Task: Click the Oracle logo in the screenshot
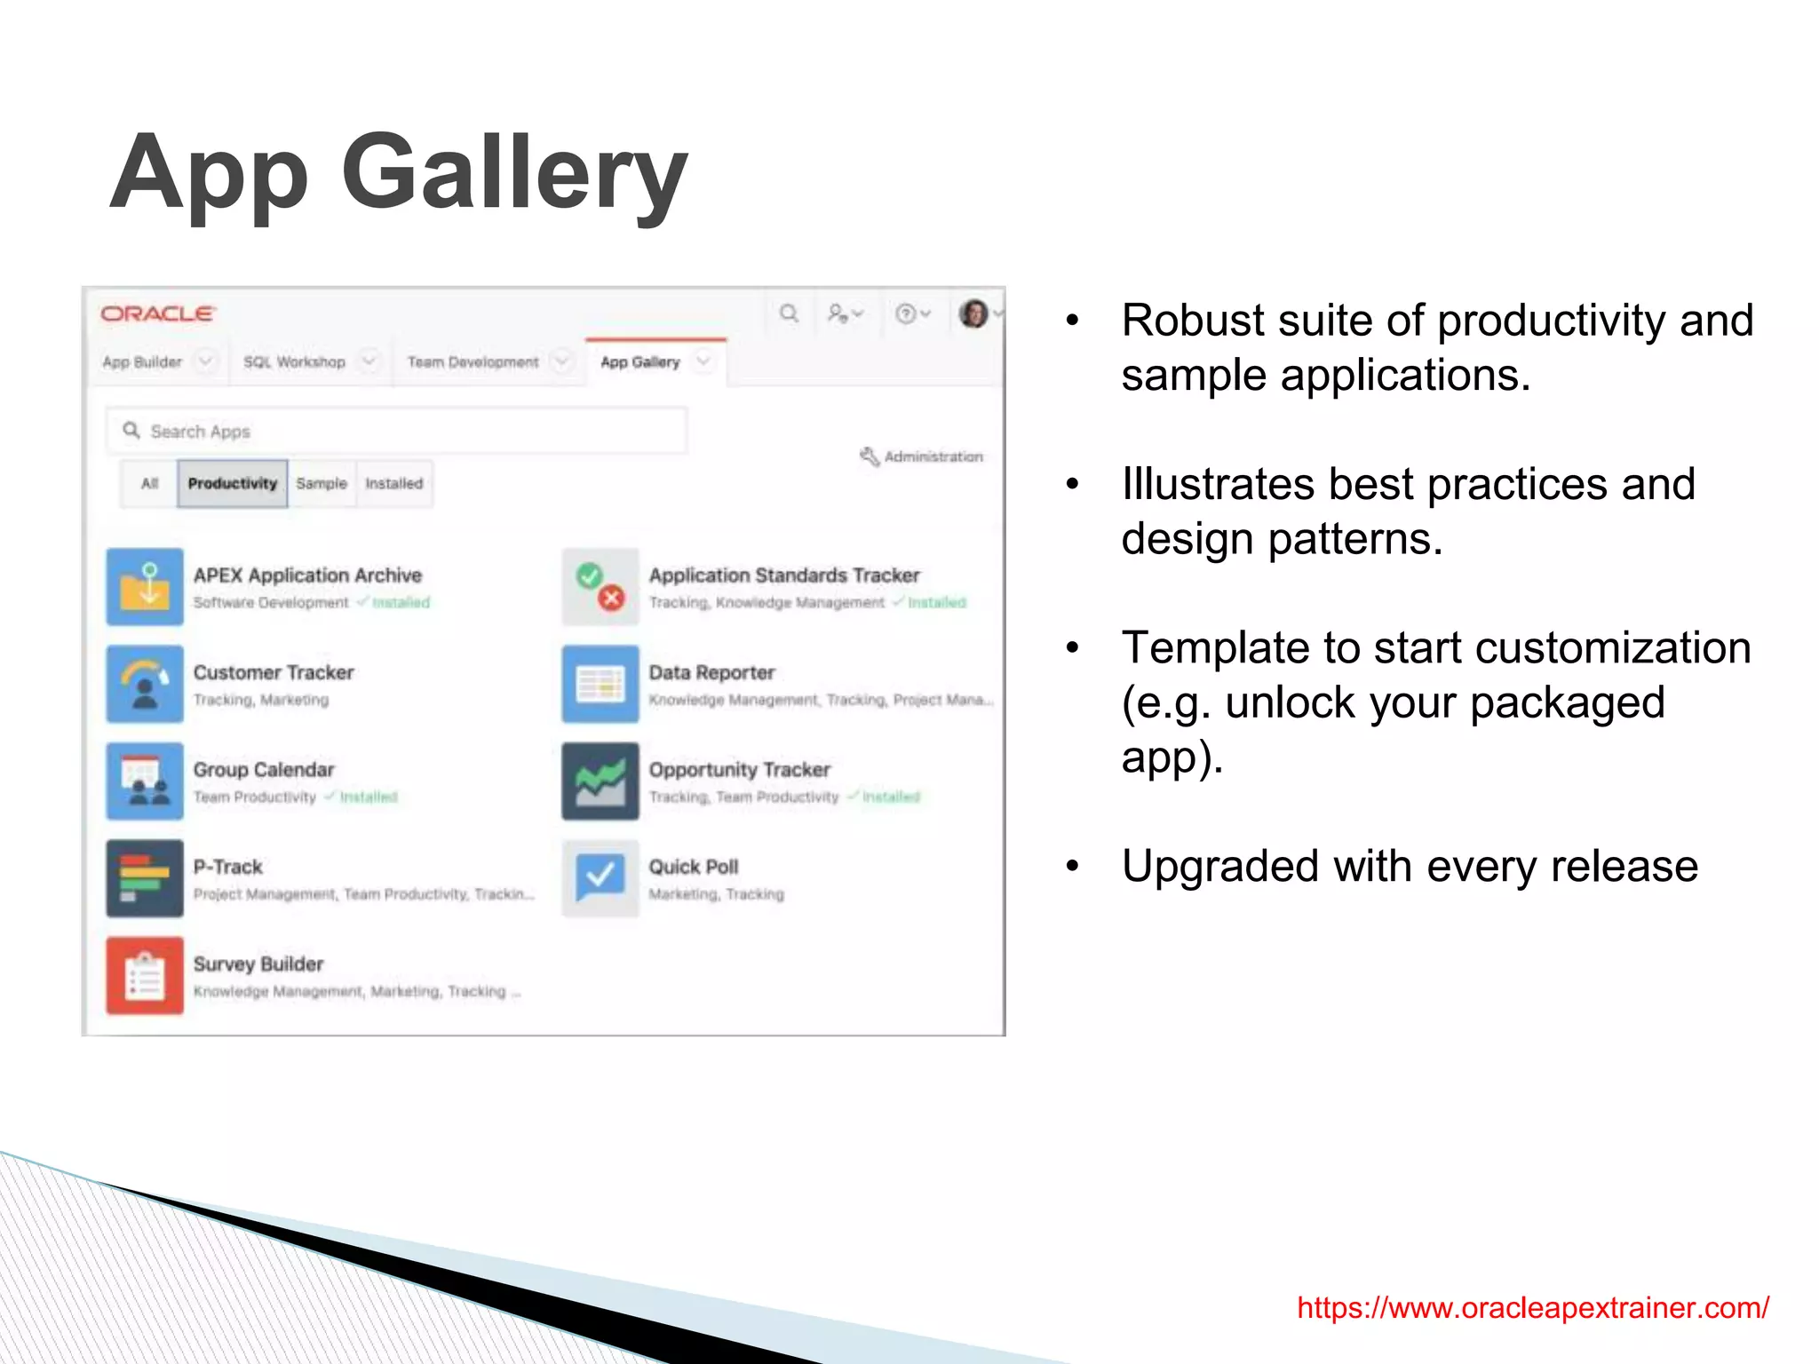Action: pyautogui.click(x=157, y=314)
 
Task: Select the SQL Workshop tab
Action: pyautogui.click(x=294, y=362)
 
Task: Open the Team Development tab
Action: pyautogui.click(x=473, y=362)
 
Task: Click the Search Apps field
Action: pyautogui.click(x=397, y=432)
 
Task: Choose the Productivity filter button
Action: pyautogui.click(x=233, y=484)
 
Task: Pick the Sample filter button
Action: pyautogui.click(x=322, y=484)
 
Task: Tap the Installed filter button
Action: pyautogui.click(x=394, y=484)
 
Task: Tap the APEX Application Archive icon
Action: pyautogui.click(x=145, y=587)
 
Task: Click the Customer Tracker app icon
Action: pyautogui.click(x=145, y=684)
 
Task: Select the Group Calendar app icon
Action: pyautogui.click(x=145, y=781)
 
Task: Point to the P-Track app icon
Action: pyautogui.click(x=145, y=878)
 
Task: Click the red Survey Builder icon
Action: pyautogui.click(x=145, y=975)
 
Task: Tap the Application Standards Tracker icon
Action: pyautogui.click(x=600, y=587)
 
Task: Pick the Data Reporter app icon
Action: pyautogui.click(x=600, y=684)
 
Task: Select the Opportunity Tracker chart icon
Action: pyautogui.click(x=600, y=781)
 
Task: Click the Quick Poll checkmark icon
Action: pyautogui.click(x=600, y=878)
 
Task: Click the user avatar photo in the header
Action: pyautogui.click(x=973, y=313)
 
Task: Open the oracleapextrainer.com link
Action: pyautogui.click(x=1532, y=1308)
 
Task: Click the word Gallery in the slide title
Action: pyautogui.click(x=514, y=173)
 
